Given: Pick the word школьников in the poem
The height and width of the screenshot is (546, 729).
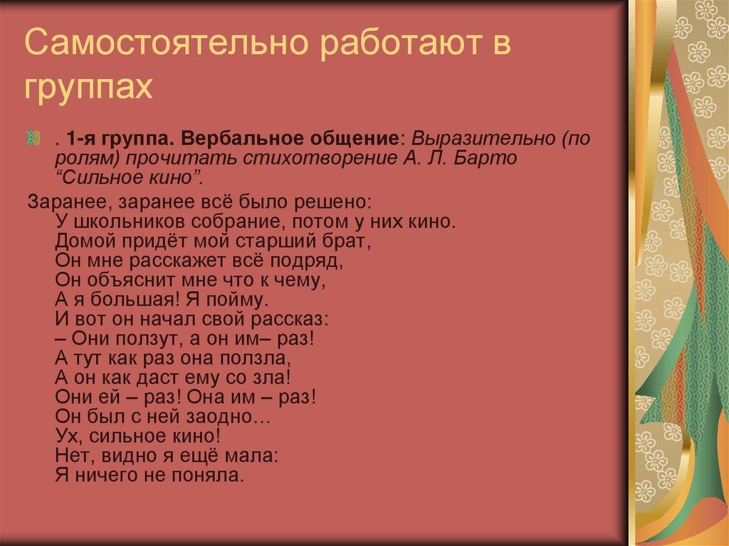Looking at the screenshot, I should click(120, 221).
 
